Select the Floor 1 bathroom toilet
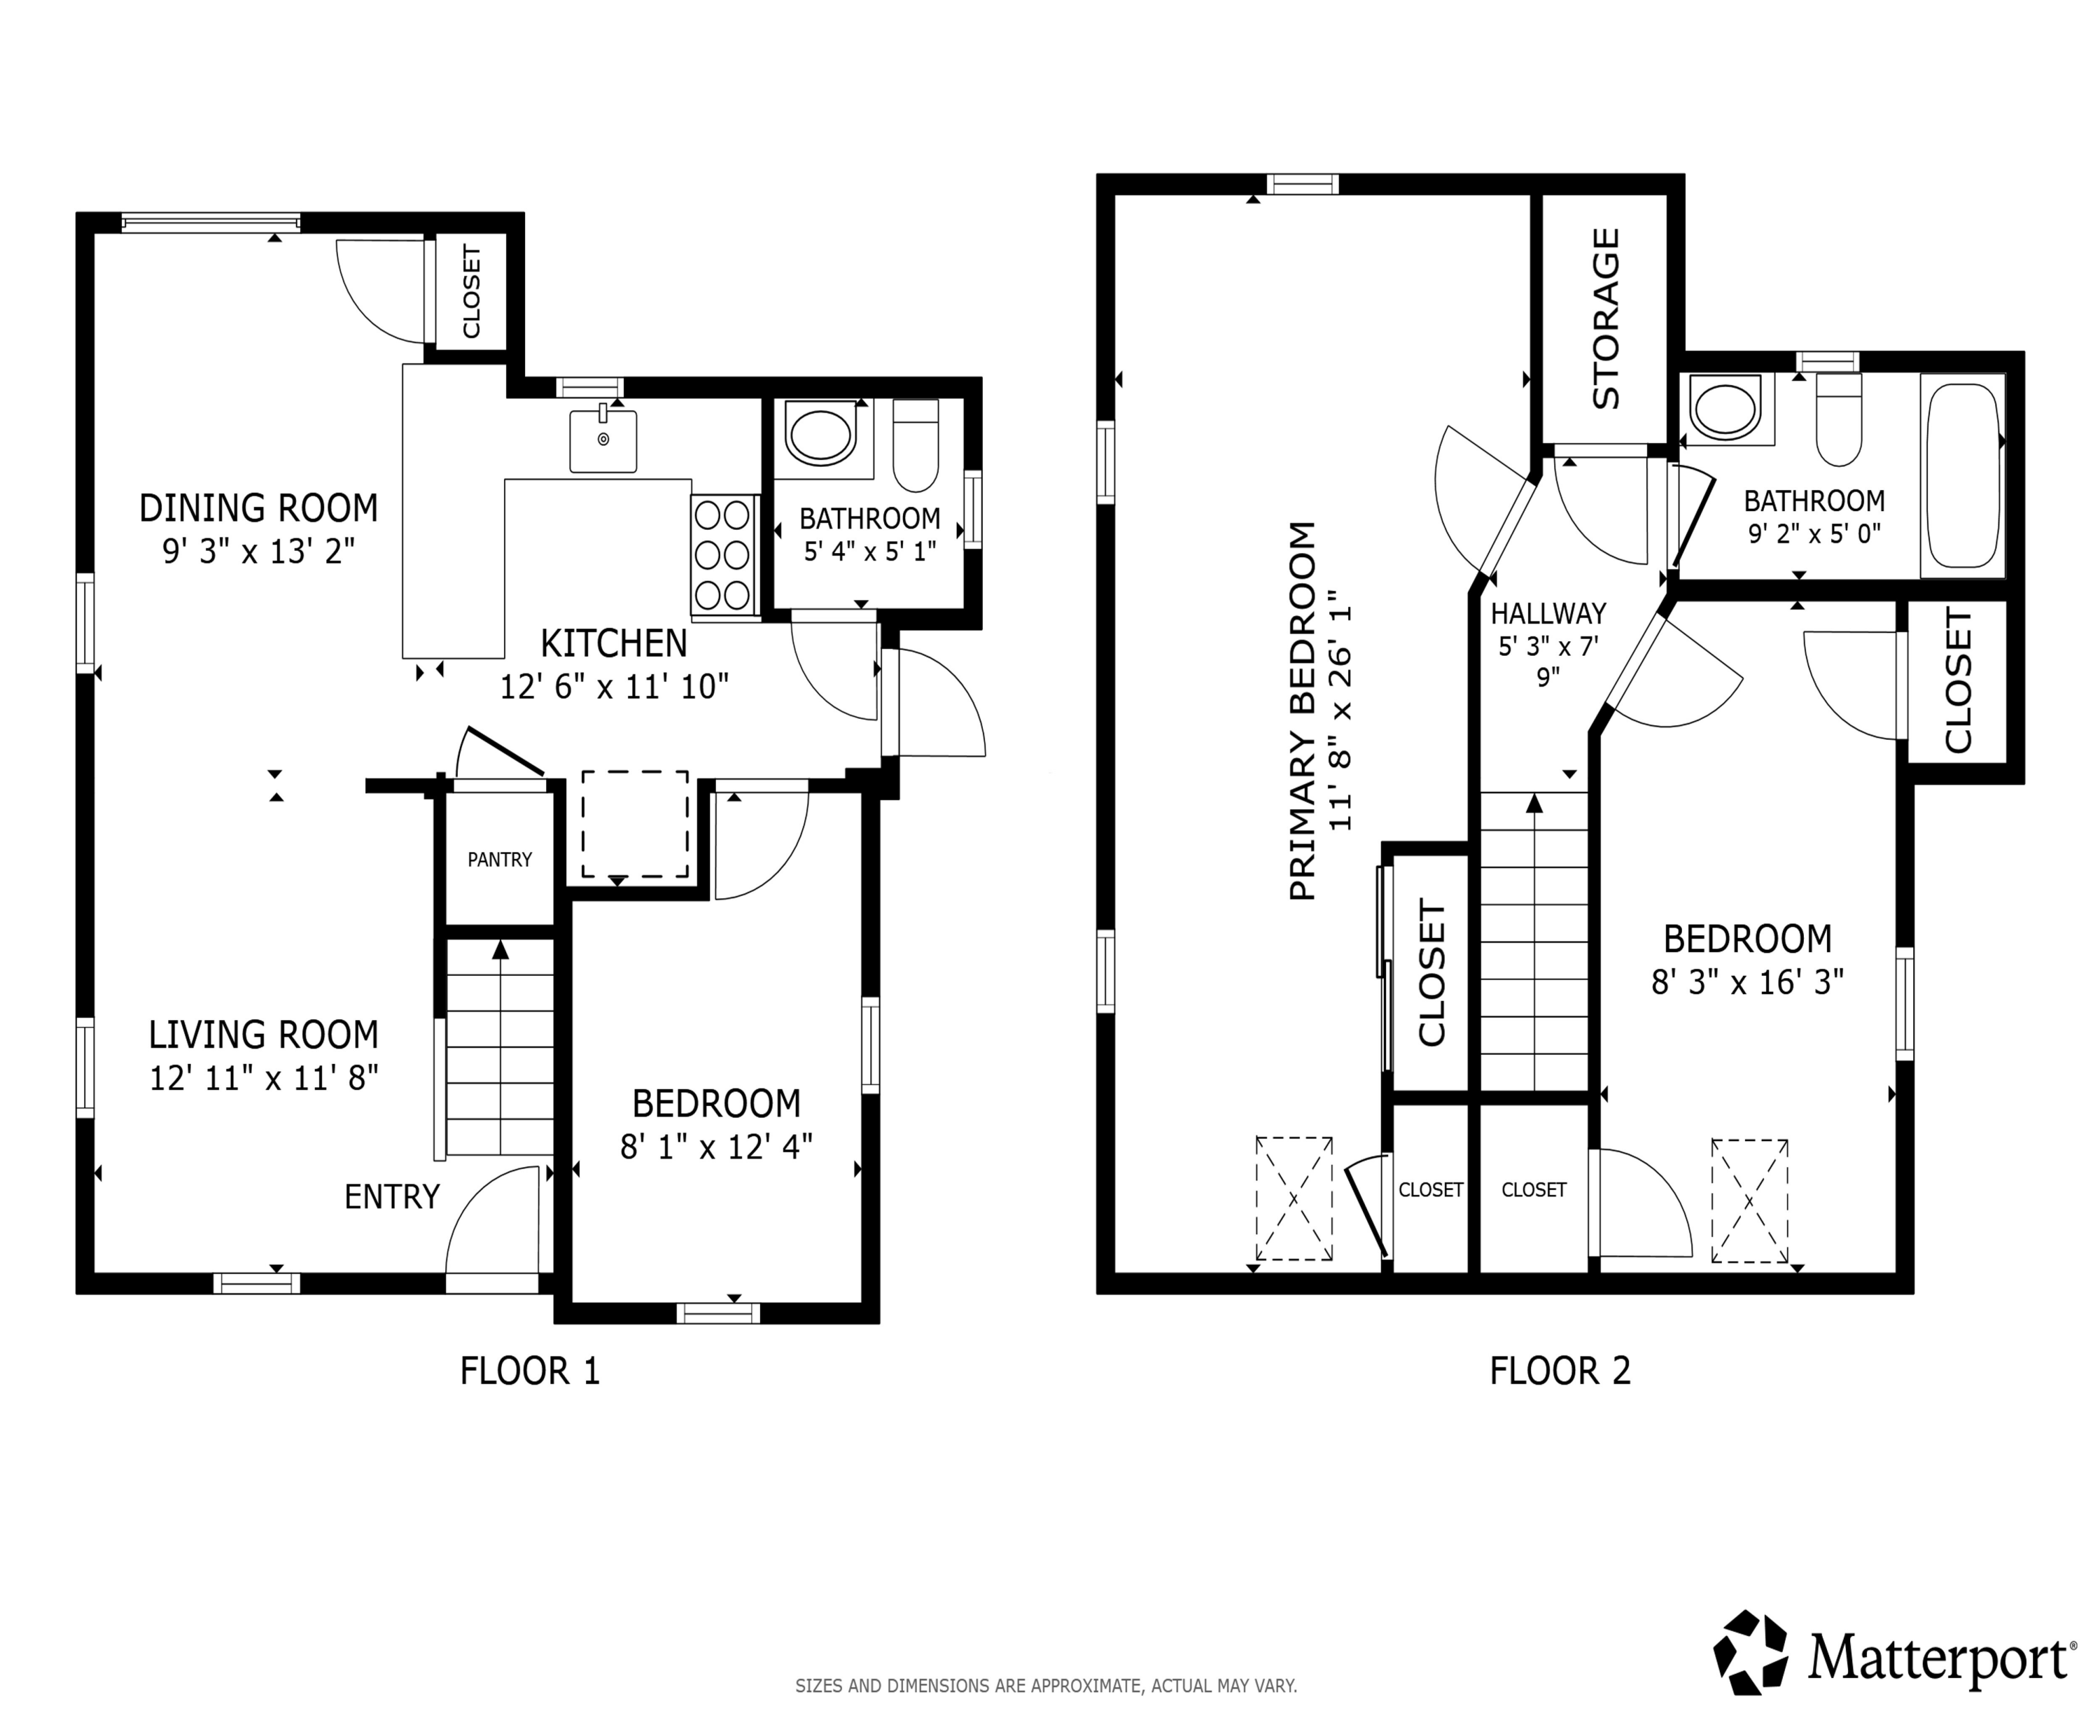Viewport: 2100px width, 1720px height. coord(916,445)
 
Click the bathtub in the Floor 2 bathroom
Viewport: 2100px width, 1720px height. coord(1962,475)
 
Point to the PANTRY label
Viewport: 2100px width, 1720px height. coord(499,860)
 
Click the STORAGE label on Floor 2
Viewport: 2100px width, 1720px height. coord(1604,318)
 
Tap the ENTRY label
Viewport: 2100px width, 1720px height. coord(391,1197)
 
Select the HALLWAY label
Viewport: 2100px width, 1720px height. coord(1548,613)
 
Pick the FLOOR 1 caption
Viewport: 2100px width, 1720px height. coord(530,1371)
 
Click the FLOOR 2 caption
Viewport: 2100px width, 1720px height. coord(1560,1371)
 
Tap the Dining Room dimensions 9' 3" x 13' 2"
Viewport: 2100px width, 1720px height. coord(258,551)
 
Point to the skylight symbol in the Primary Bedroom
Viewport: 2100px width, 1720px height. coord(1294,1198)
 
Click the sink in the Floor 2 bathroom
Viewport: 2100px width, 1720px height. coord(1725,407)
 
